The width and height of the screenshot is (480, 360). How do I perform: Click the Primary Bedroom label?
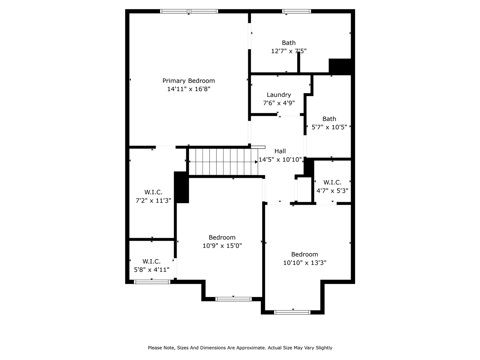(188, 81)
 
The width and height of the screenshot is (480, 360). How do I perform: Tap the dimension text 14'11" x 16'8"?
(188, 89)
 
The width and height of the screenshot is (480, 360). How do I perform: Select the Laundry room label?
(279, 95)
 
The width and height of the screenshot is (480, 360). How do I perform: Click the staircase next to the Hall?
(223, 162)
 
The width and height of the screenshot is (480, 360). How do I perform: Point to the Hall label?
(280, 151)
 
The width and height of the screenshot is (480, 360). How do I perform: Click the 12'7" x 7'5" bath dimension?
(289, 51)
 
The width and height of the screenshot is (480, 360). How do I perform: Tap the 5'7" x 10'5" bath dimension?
(329, 127)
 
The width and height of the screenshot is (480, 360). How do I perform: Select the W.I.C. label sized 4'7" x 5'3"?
(332, 182)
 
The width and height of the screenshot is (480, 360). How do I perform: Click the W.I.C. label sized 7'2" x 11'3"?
(153, 192)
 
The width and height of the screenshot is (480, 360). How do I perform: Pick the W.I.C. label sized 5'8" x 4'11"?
(151, 261)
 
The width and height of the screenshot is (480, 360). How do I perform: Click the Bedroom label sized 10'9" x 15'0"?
(222, 237)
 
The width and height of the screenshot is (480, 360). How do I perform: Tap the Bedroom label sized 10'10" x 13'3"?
(304, 254)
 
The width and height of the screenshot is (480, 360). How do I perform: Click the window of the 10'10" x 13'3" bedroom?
(292, 312)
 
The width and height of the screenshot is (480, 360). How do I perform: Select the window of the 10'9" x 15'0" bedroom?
(233, 299)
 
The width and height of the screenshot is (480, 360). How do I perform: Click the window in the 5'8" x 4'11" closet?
(152, 282)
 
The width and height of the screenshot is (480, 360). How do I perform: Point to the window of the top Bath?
(296, 11)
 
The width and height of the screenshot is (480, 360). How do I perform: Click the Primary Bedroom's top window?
(189, 11)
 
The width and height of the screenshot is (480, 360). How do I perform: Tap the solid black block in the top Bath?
(340, 66)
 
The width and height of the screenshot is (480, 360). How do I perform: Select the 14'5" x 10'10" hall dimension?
(280, 160)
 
